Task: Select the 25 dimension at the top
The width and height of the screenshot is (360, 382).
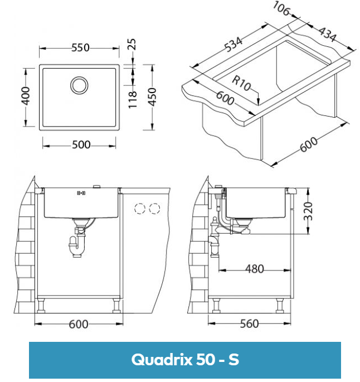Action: click(x=132, y=44)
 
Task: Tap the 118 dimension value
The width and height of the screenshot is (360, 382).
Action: click(x=132, y=98)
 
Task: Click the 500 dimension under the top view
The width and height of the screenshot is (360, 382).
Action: click(x=81, y=145)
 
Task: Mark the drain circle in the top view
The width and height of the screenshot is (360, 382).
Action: click(x=79, y=85)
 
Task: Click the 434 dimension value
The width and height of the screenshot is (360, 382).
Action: click(x=327, y=34)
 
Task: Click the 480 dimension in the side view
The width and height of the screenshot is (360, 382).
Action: click(x=254, y=269)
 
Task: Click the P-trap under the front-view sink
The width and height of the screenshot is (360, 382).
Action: click(x=77, y=244)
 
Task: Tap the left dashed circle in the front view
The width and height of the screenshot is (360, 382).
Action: click(x=139, y=209)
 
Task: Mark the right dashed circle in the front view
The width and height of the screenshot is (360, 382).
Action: click(x=154, y=209)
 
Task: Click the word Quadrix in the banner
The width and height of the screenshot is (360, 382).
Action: click(x=160, y=360)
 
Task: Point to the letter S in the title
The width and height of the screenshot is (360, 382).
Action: click(x=233, y=360)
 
